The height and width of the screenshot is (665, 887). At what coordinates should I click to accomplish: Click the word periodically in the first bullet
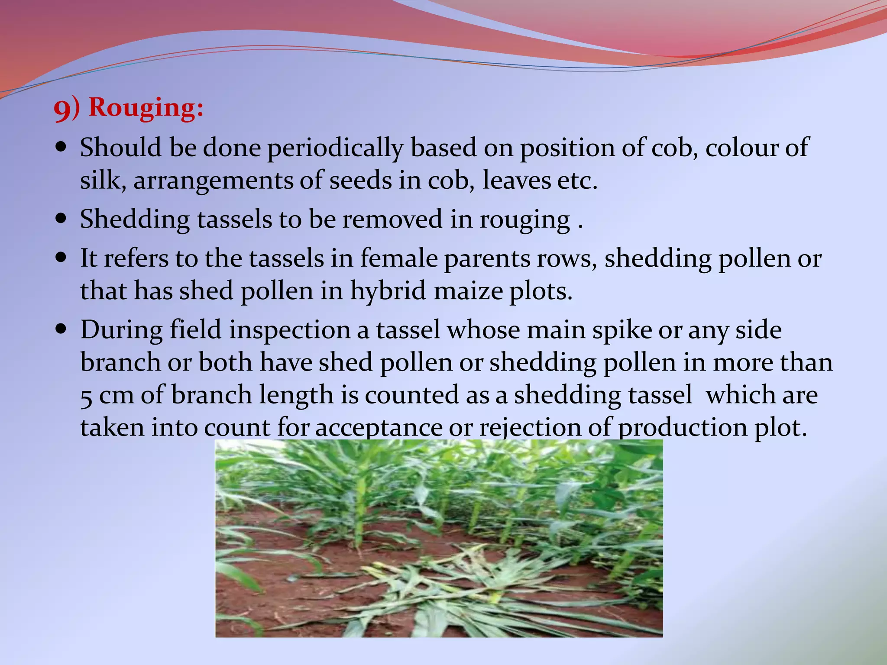click(335, 148)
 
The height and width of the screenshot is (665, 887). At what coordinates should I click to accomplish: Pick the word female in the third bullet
click(398, 258)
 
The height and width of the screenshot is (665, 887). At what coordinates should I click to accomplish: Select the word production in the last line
click(682, 428)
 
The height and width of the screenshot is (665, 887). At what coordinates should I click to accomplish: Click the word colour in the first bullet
click(740, 148)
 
